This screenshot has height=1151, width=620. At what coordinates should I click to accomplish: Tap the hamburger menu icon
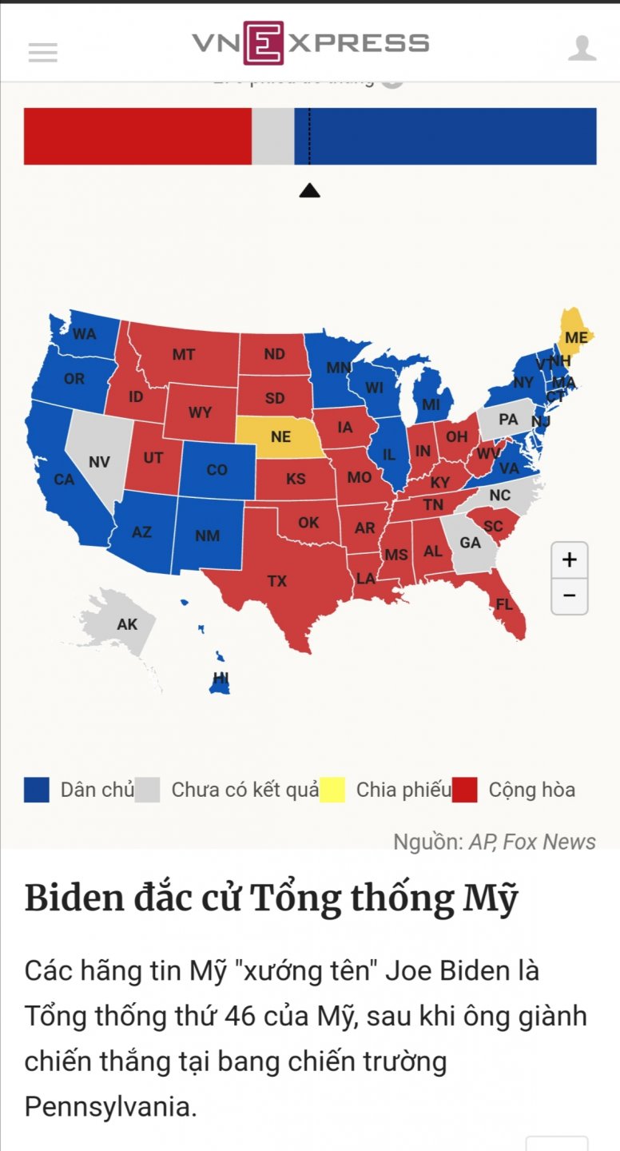click(43, 53)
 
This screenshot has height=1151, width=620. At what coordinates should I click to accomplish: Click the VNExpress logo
click(310, 43)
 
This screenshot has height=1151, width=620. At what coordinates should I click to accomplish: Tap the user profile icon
click(582, 49)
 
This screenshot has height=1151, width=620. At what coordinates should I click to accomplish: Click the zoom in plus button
click(569, 560)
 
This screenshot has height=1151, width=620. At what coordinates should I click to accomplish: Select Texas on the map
click(277, 581)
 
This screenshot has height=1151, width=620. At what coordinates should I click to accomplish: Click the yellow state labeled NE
click(280, 436)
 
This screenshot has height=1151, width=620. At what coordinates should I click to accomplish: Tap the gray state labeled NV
click(99, 462)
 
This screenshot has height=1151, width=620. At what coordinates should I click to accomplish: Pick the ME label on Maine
click(576, 338)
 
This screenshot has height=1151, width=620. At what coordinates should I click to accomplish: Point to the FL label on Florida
click(504, 604)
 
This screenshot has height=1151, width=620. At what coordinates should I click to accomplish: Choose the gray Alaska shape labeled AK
click(127, 624)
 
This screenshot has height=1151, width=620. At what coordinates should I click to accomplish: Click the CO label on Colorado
click(217, 470)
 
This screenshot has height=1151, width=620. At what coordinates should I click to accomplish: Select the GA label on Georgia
click(470, 543)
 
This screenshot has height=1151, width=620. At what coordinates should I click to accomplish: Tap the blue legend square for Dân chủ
click(37, 790)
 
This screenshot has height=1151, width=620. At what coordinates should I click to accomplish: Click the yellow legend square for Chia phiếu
click(332, 790)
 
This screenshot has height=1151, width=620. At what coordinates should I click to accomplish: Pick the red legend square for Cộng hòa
click(464, 790)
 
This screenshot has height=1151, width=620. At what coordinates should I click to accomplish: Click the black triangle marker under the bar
click(309, 190)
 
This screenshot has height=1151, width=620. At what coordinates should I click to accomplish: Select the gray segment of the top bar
click(273, 137)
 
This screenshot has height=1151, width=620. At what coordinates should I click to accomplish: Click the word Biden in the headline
click(74, 898)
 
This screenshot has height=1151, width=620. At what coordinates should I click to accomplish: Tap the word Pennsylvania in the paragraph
click(109, 1107)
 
